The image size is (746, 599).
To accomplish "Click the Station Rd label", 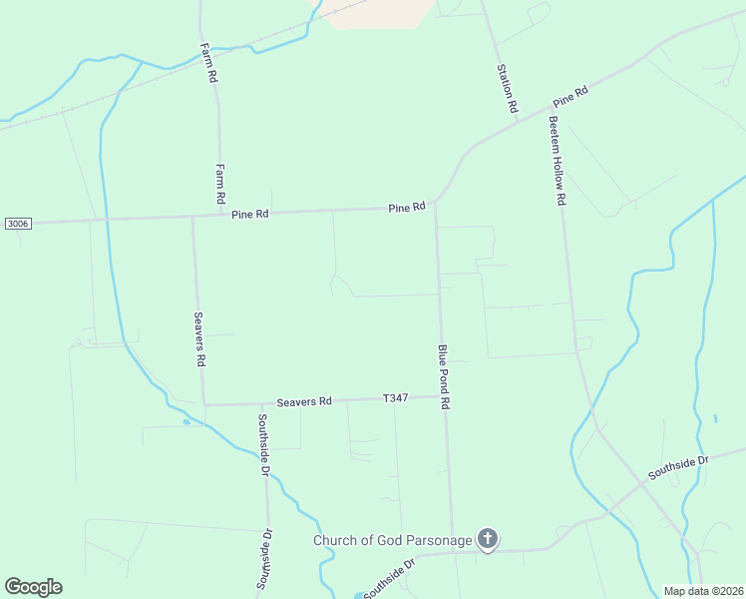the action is click(508, 87).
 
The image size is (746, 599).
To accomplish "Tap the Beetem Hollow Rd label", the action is click(557, 161).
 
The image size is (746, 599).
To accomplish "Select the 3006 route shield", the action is click(17, 223).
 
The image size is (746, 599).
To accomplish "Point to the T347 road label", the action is click(396, 398).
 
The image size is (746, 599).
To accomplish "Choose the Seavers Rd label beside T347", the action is click(304, 401).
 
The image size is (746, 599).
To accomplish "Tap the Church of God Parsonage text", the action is click(392, 540).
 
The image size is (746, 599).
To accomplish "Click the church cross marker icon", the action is click(488, 540).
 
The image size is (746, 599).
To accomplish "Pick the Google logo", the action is click(33, 587).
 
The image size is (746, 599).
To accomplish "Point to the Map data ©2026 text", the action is click(702, 591).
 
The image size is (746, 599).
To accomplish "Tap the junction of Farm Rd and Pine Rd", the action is click(220, 214).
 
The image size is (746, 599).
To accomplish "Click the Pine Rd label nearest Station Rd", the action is click(571, 97).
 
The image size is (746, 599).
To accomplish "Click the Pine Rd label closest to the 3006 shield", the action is click(250, 214).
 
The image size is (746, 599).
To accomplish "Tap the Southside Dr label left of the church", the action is click(388, 578).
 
